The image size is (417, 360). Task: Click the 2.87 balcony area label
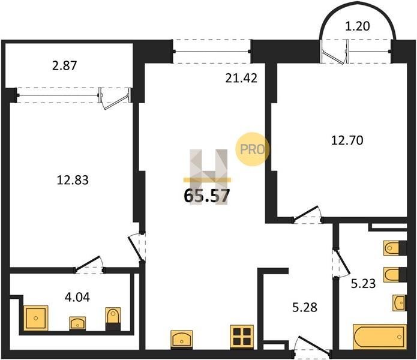(x=65, y=65)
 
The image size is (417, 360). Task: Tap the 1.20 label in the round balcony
(x=358, y=26)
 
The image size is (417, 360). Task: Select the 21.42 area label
(x=241, y=78)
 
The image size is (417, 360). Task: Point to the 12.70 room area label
(x=347, y=140)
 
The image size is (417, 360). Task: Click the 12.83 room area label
(x=73, y=180)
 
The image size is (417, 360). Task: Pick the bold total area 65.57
(x=206, y=196)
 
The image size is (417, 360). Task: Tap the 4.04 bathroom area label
(x=77, y=297)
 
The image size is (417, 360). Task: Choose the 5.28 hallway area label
(x=305, y=307)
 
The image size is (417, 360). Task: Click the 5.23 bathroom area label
(x=363, y=283)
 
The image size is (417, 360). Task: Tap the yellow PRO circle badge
(x=252, y=149)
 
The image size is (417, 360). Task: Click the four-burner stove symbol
(x=242, y=337)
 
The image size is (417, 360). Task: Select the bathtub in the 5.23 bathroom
(x=380, y=337)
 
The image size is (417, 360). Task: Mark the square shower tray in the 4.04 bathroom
(x=36, y=318)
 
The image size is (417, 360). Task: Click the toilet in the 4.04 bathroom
(x=113, y=319)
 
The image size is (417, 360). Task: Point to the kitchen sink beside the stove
(x=182, y=339)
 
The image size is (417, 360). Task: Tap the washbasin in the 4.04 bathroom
(x=77, y=323)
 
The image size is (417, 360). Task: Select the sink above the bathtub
(x=400, y=302)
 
